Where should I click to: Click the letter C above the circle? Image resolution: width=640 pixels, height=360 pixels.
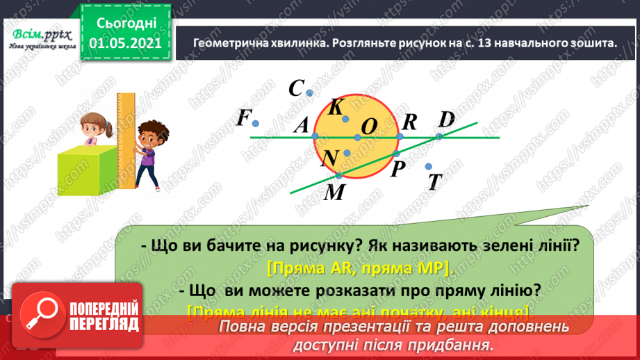click(297, 88)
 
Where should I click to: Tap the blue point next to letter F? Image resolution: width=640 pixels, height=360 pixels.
click(256, 124)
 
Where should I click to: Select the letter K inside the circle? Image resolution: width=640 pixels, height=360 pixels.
click(336, 107)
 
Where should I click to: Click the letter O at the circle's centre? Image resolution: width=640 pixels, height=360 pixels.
click(370, 126)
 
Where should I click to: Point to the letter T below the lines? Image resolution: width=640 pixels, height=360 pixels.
click(436, 182)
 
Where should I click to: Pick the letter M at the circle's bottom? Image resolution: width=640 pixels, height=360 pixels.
click(335, 192)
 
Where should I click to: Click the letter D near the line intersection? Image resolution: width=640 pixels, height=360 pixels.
click(446, 119)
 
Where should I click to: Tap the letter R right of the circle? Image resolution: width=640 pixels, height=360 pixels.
click(409, 122)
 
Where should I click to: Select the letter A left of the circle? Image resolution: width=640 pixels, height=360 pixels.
click(301, 125)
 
